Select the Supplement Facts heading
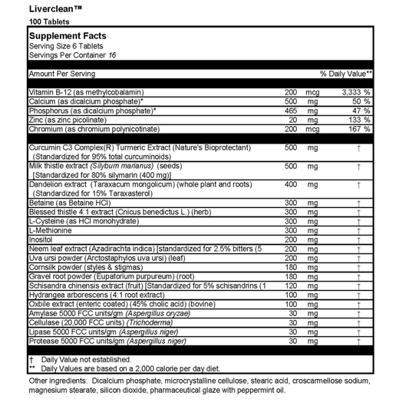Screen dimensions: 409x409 coord(67,36)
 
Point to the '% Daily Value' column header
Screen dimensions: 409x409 coord(346,74)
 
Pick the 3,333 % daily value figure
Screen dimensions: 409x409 coord(355,92)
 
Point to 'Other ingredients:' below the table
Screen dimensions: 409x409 coord(58,381)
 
